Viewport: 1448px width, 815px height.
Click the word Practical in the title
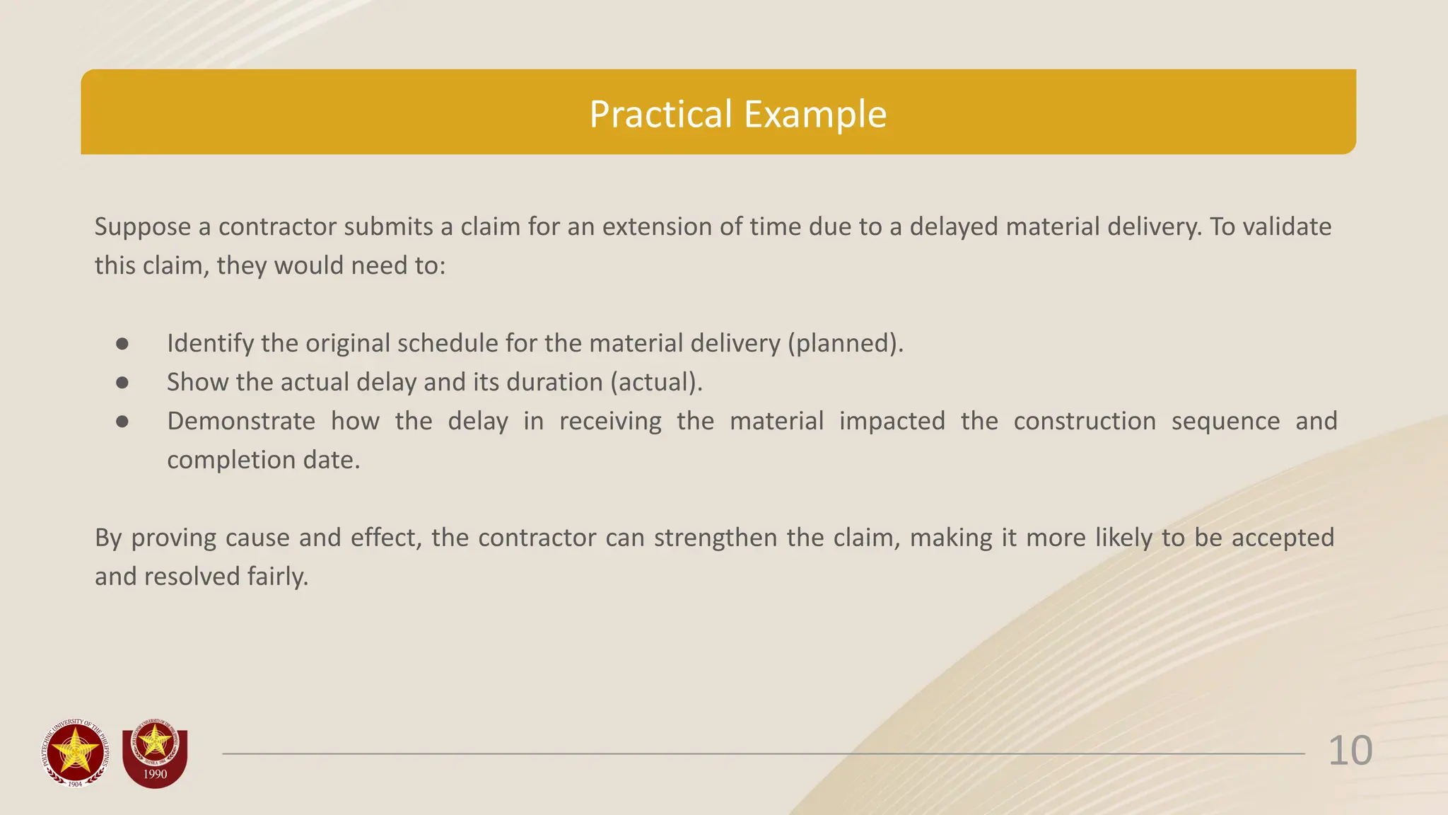pos(660,114)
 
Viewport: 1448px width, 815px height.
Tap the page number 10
pos(1350,751)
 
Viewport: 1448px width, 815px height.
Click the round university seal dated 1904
pos(76,753)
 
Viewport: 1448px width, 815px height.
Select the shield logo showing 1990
pos(155,755)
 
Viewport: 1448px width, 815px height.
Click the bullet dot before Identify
pos(122,344)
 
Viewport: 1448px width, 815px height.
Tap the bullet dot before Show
pos(122,383)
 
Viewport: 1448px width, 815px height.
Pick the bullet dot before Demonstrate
pos(122,422)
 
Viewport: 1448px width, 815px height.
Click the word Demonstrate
pos(241,422)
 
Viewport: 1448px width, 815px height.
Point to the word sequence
pos(1225,422)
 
